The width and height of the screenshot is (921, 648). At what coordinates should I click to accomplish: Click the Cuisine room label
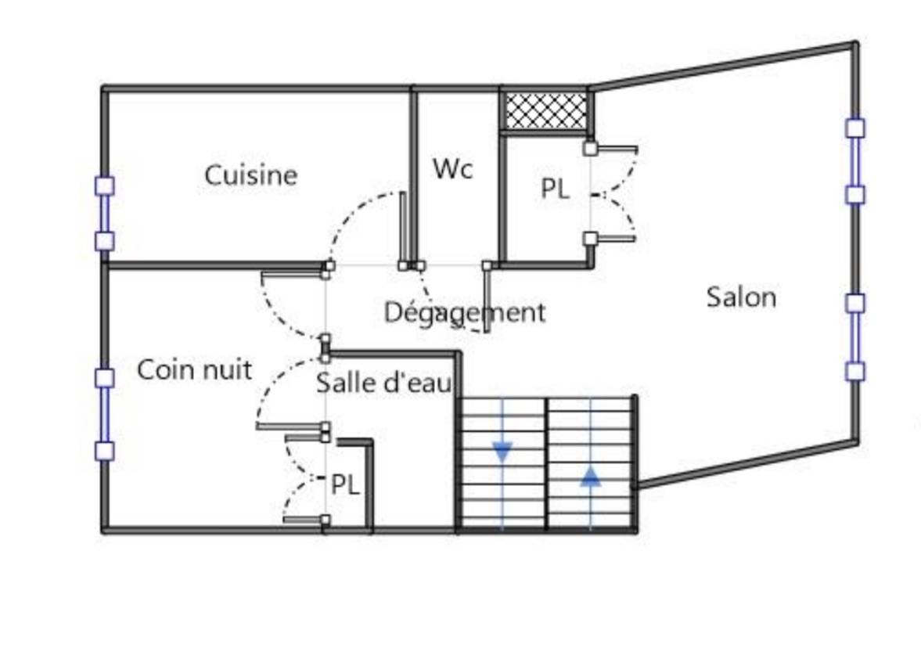(x=251, y=175)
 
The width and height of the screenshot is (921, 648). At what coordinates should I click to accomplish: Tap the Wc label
(x=453, y=168)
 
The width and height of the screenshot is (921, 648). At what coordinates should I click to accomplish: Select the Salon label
(x=741, y=297)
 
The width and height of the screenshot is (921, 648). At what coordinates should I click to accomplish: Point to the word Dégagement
(x=465, y=312)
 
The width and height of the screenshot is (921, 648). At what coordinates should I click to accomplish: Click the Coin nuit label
(x=194, y=369)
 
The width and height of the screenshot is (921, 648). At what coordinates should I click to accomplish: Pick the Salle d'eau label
(x=384, y=383)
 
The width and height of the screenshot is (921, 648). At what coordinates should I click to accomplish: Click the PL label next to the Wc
(x=555, y=189)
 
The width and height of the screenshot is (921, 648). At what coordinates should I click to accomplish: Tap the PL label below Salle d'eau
(x=345, y=484)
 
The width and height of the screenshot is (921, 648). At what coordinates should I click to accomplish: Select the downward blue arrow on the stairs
(x=502, y=452)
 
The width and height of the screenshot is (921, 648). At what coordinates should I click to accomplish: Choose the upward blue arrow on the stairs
(x=590, y=477)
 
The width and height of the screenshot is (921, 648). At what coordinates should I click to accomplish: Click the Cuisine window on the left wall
(x=105, y=214)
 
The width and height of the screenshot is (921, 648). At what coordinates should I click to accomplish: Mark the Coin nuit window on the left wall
(x=105, y=414)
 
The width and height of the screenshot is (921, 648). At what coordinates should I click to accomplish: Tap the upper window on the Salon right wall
(x=855, y=161)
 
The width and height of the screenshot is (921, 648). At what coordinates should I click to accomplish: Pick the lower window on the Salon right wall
(x=855, y=337)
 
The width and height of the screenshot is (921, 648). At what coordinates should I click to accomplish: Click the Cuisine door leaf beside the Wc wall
(x=404, y=229)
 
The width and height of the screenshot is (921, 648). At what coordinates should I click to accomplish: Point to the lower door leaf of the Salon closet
(x=613, y=239)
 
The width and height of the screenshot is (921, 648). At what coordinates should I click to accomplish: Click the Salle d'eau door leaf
(x=291, y=426)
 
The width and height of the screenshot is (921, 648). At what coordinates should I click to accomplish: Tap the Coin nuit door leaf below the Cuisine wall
(x=293, y=272)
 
